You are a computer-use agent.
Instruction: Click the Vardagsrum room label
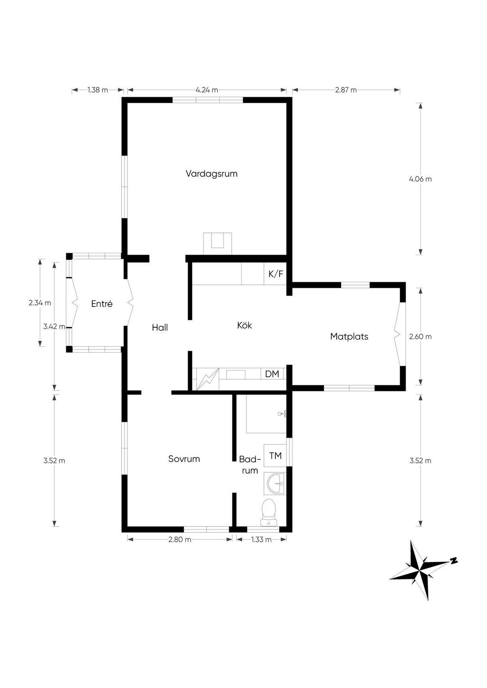[x=211, y=174]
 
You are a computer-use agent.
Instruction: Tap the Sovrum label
[x=184, y=459]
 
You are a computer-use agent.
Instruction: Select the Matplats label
[x=349, y=337]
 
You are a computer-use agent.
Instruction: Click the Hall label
[x=160, y=327]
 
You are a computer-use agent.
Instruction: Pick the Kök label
[x=244, y=325]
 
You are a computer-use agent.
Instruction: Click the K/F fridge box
[x=275, y=274]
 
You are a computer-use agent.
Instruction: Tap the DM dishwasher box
[x=272, y=374]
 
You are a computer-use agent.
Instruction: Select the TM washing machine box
[x=275, y=456]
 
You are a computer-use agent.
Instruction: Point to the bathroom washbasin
[x=275, y=484]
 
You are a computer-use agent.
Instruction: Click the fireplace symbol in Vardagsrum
[x=217, y=243]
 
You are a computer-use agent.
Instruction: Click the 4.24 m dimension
[x=207, y=90]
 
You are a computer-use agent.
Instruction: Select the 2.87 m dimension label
[x=346, y=90]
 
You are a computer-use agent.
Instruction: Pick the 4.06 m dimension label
[x=420, y=179]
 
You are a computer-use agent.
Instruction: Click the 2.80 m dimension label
[x=180, y=539]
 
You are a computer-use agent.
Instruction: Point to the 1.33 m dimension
[x=261, y=539]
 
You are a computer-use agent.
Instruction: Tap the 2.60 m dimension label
[x=420, y=337]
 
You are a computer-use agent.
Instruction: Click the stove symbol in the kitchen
[x=208, y=379]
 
